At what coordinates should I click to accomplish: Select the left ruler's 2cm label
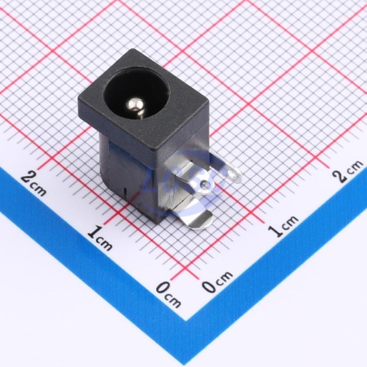pyautogui.click(x=33, y=183)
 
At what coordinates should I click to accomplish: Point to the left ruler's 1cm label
pyautogui.click(x=99, y=238)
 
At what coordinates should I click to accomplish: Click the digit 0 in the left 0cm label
pyautogui.click(x=163, y=289)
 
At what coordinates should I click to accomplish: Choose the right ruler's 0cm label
pyautogui.click(x=217, y=282)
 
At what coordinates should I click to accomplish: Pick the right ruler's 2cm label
pyautogui.click(x=349, y=171)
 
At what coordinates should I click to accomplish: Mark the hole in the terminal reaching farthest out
pyautogui.click(x=232, y=173)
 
